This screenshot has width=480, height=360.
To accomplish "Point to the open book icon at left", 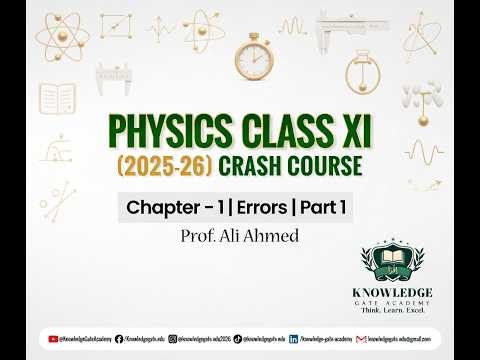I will pyautogui.click(x=57, y=98).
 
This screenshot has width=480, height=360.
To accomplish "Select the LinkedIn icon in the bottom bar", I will pyautogui.click(x=293, y=339).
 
